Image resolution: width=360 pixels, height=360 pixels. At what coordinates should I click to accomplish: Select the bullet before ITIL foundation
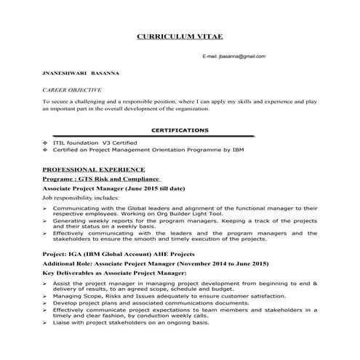point(46,143)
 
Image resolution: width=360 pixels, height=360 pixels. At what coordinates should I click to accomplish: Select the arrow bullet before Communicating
point(45,207)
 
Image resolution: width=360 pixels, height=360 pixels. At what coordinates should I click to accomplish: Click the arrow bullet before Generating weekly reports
point(45,220)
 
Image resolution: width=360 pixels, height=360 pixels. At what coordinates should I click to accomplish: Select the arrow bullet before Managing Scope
point(45,297)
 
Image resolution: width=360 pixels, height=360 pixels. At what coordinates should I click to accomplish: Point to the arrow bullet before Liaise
point(45,323)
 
